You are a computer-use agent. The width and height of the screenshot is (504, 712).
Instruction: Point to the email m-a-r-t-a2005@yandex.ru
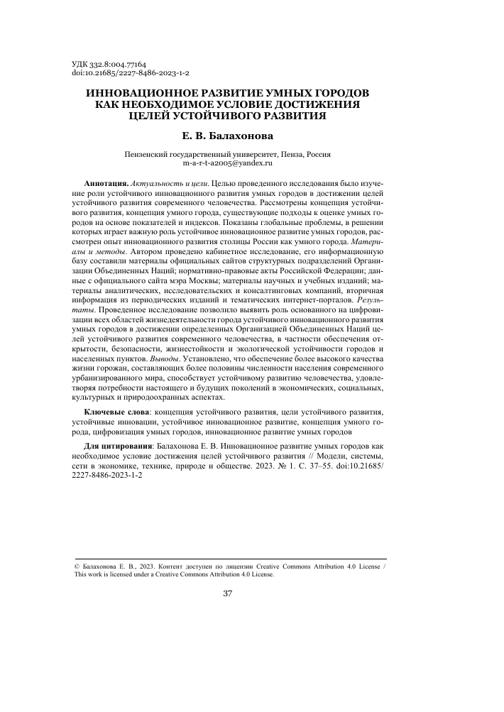[228, 163]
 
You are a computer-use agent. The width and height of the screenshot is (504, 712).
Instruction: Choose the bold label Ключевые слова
[118, 412]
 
